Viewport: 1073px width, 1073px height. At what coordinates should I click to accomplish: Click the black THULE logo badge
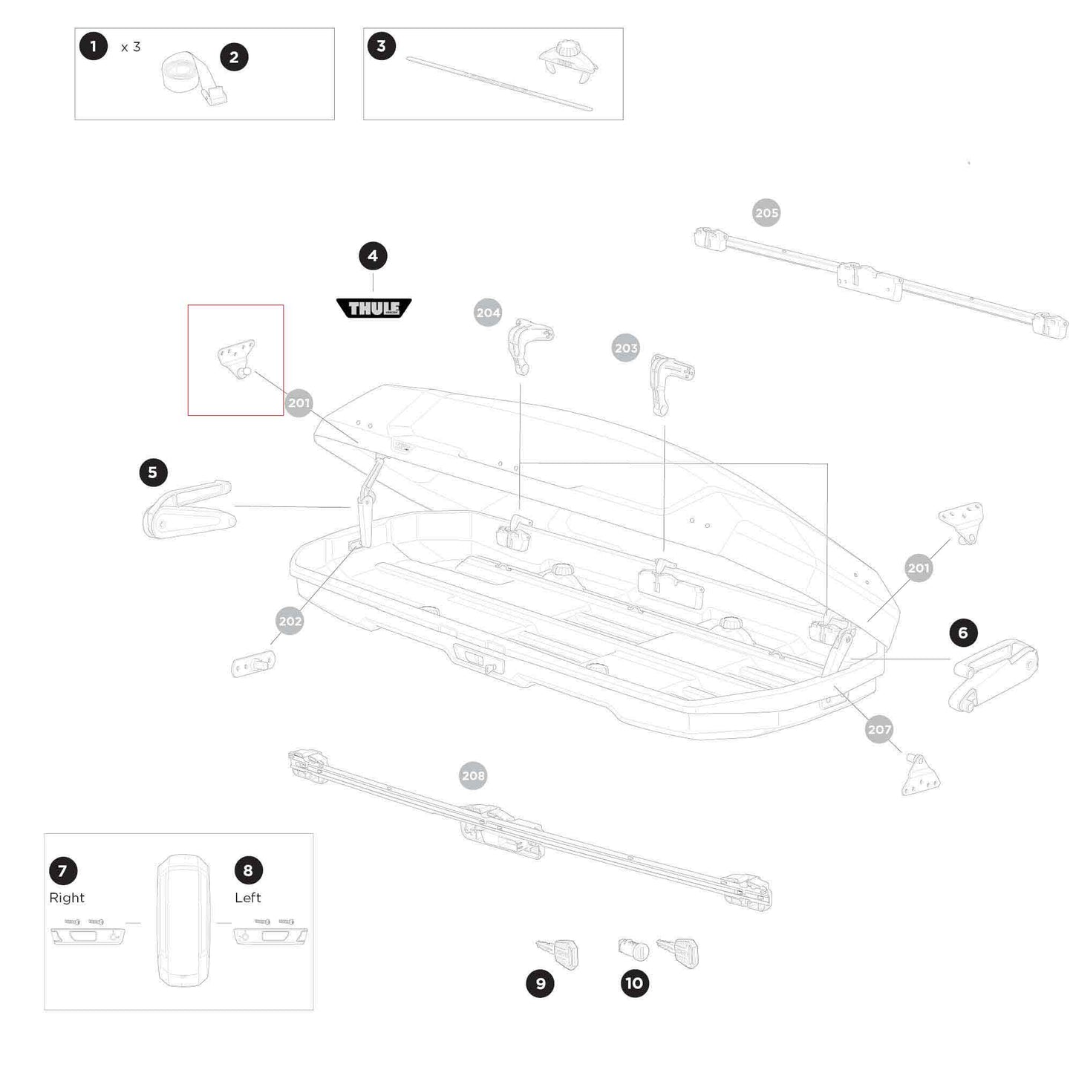[x=374, y=308]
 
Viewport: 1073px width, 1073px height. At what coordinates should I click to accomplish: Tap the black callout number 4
[x=373, y=256]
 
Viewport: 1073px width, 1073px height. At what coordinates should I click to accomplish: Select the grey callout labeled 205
[x=766, y=213]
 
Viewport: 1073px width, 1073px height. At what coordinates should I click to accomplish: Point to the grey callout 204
[x=488, y=313]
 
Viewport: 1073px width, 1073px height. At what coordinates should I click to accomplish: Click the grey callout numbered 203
[x=626, y=348]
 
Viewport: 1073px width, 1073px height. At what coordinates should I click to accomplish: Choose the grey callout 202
[x=290, y=622]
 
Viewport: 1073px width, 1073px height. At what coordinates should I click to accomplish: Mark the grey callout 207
[x=879, y=730]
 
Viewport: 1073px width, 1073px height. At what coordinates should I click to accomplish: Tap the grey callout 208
[x=473, y=776]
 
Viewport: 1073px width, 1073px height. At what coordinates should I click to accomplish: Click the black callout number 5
[x=153, y=472]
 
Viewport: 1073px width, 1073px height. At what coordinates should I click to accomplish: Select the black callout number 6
[x=963, y=633]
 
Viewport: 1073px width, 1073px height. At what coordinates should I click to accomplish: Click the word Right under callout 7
[x=67, y=898]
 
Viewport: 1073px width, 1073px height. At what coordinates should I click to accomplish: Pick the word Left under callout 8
[x=248, y=898]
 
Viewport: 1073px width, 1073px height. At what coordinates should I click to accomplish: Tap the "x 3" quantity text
[x=131, y=47]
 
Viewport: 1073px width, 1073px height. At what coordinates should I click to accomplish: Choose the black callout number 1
[x=94, y=47]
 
